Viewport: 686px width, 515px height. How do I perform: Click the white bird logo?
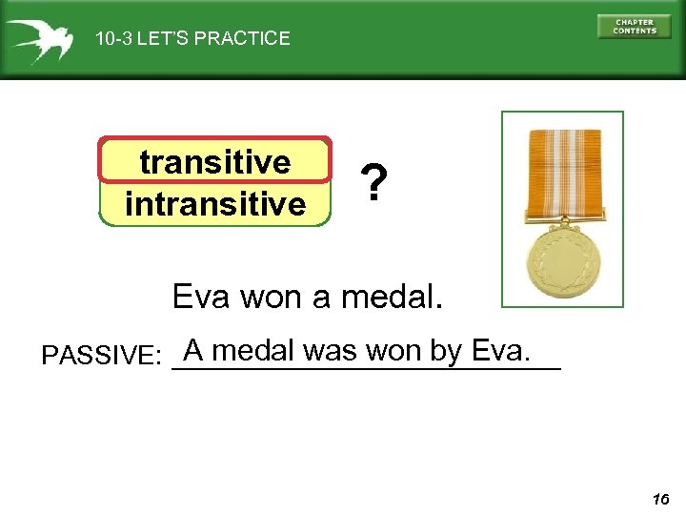[x=38, y=39]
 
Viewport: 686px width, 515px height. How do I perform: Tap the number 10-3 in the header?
[x=113, y=39]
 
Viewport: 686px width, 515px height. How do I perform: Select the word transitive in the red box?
[x=215, y=162]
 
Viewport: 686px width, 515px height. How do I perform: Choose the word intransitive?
[x=215, y=203]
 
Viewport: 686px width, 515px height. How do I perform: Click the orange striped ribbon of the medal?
[x=563, y=172]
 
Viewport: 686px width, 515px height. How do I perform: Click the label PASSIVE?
[x=101, y=356]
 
